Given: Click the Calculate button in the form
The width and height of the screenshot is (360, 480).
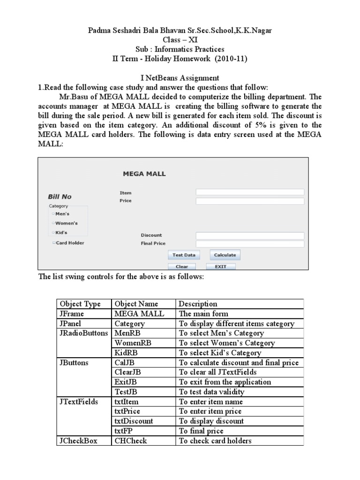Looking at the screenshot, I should click(225, 255).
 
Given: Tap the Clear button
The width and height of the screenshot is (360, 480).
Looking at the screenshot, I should click(181, 266).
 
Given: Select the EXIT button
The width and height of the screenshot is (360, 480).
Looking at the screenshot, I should click(220, 266).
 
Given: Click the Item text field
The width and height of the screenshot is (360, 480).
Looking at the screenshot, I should click(250, 192).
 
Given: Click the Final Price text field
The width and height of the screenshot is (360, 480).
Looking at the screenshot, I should click(250, 244).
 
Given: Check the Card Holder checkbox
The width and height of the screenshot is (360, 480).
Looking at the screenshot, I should click(54, 243).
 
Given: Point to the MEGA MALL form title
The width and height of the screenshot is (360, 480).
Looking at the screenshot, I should click(144, 174).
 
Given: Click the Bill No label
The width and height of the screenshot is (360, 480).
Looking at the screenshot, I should click(60, 197).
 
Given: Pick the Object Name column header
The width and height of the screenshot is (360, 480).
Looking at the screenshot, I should click(136, 304).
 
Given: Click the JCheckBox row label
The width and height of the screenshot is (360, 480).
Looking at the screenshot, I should click(78, 441).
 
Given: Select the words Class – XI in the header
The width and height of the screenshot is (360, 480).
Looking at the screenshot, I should click(180, 40).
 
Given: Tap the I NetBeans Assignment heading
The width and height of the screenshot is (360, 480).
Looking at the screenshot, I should click(180, 77).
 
